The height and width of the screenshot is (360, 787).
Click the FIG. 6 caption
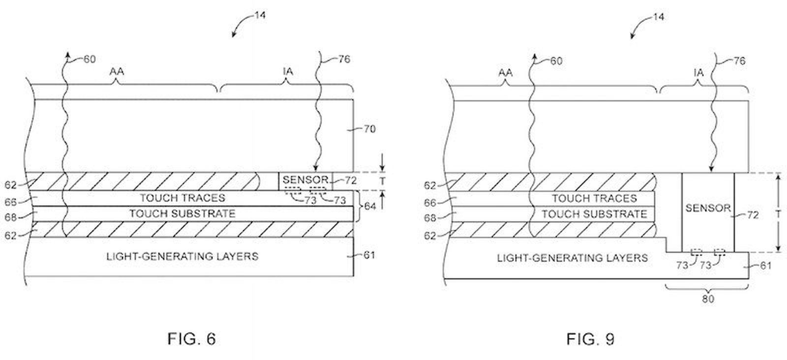pyautogui.click(x=191, y=339)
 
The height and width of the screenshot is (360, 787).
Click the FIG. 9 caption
pyautogui.click(x=590, y=339)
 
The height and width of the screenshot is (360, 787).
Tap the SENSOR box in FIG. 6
pyautogui.click(x=305, y=180)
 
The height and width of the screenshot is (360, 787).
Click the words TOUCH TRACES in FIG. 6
pyautogui.click(x=182, y=198)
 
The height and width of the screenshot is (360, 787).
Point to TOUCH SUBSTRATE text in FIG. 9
pyautogui.click(x=594, y=214)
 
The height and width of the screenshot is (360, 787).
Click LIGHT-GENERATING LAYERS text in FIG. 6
pyautogui.click(x=182, y=256)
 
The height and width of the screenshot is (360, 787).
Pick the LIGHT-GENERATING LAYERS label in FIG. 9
pyautogui.click(x=572, y=258)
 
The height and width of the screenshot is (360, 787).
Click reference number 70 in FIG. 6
pyautogui.click(x=369, y=129)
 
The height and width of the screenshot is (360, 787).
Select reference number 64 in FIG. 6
pyautogui.click(x=369, y=206)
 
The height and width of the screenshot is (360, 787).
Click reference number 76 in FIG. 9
pyautogui.click(x=739, y=61)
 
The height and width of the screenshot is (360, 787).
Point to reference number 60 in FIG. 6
pyautogui.click(x=89, y=59)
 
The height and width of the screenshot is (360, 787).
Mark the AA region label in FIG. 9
pyautogui.click(x=505, y=73)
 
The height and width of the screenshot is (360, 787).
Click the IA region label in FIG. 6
pyautogui.click(x=288, y=72)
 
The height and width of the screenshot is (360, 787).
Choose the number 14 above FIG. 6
pyautogui.click(x=260, y=15)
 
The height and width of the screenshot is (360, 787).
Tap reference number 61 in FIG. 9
pyautogui.click(x=766, y=266)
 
